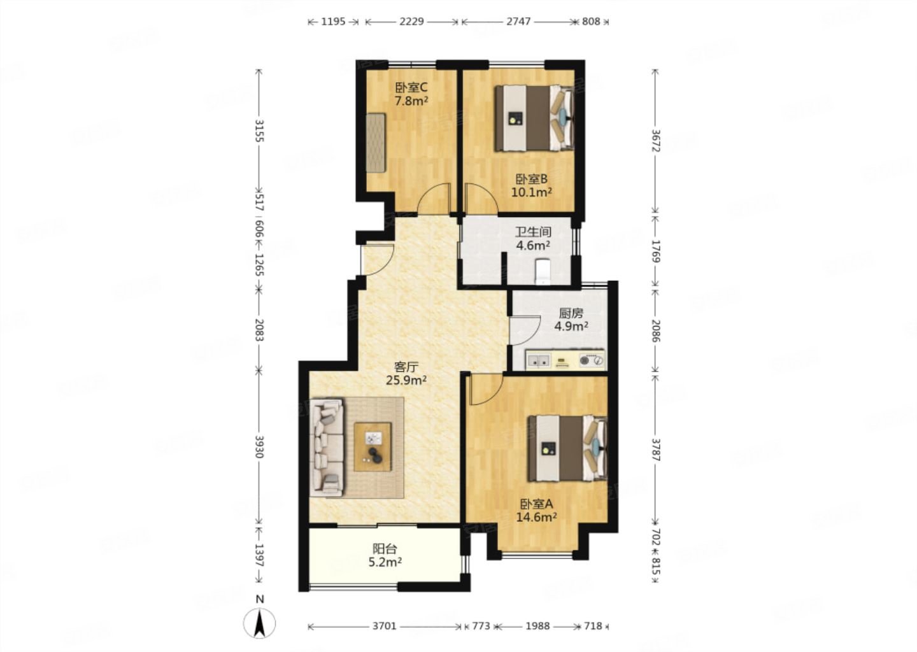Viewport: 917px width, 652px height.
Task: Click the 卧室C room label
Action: click(411, 87)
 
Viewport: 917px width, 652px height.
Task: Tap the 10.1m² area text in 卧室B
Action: click(532, 192)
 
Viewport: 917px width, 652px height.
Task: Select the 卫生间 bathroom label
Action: click(532, 232)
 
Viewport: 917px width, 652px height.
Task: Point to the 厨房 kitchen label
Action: click(571, 313)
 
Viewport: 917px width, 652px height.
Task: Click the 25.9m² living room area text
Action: click(406, 380)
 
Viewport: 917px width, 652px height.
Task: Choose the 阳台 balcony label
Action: click(385, 548)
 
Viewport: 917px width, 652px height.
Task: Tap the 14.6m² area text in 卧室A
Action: click(536, 518)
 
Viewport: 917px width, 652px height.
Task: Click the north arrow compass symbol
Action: click(259, 623)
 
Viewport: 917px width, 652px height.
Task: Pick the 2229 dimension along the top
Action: click(411, 21)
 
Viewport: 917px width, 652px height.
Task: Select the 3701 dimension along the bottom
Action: click(385, 627)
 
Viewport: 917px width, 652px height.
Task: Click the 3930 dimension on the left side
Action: click(259, 446)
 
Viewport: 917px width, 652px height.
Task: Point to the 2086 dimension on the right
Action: click(656, 330)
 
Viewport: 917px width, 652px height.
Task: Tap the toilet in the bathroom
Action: click(543, 271)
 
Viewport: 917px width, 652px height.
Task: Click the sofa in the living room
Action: click(327, 448)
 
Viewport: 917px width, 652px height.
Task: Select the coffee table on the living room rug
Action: click(373, 447)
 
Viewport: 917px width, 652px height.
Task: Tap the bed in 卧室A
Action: click(567, 448)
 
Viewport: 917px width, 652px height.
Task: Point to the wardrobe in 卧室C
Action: click(376, 143)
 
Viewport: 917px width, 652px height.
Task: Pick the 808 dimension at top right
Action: click(591, 21)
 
